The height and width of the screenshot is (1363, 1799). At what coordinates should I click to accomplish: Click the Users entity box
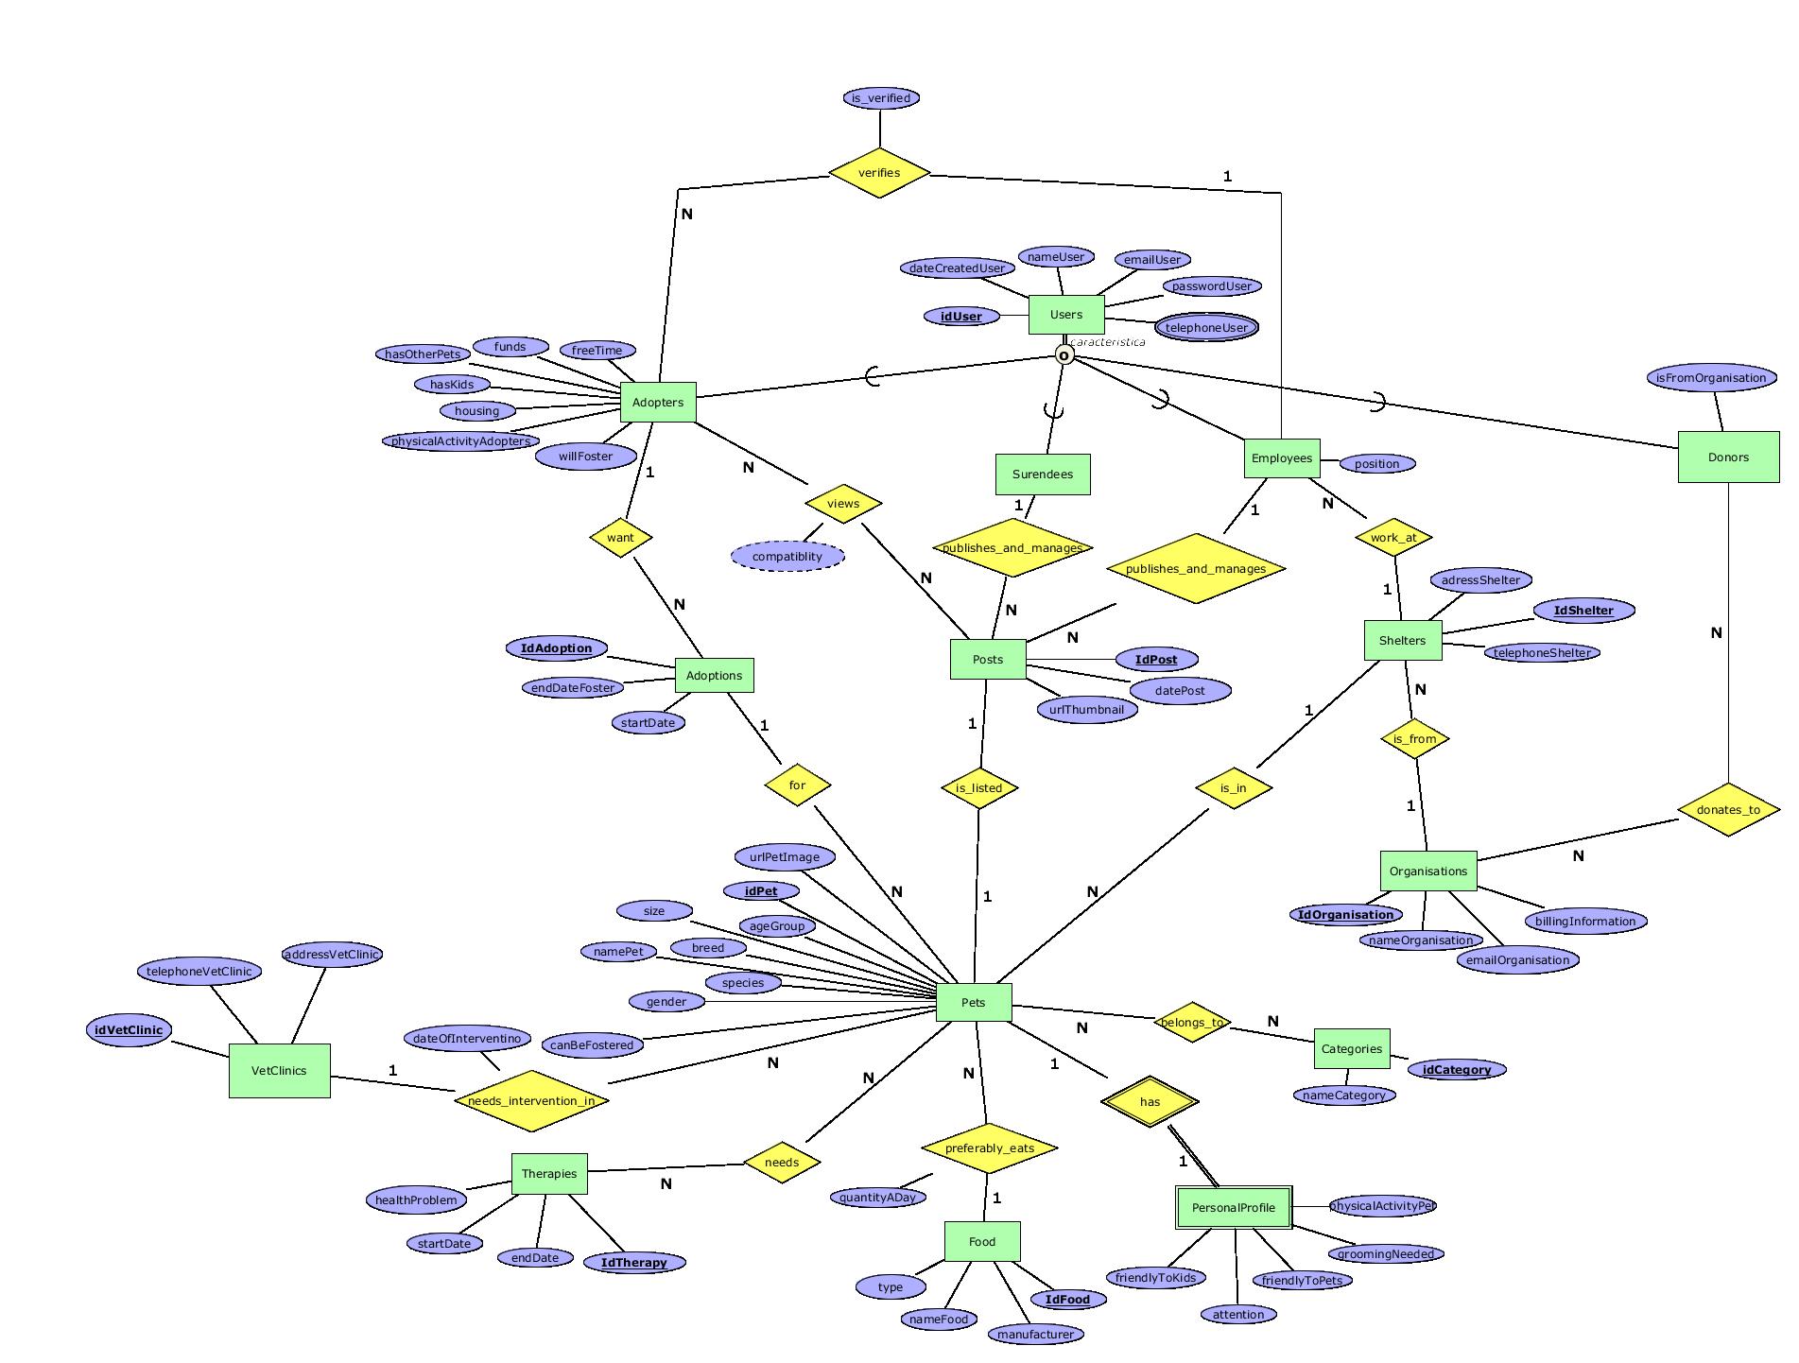click(1065, 315)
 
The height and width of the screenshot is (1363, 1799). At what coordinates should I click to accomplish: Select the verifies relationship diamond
click(879, 173)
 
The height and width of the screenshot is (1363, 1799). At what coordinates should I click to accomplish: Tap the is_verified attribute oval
click(880, 98)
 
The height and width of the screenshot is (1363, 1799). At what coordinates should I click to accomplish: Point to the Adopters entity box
click(658, 403)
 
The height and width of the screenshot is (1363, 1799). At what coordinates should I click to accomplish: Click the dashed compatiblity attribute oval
click(787, 556)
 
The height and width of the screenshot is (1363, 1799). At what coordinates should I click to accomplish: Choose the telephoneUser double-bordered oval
click(1206, 328)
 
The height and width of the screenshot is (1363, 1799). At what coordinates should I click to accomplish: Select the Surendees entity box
click(1043, 474)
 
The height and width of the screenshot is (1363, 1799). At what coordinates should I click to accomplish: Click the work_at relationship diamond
click(1393, 538)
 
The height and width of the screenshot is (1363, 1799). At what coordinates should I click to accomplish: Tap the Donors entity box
click(1728, 457)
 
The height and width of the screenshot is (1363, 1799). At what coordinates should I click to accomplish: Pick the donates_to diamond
click(1728, 809)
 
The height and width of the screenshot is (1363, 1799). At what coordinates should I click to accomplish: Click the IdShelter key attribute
click(1583, 611)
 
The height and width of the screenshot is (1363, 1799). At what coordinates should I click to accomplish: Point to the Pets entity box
click(974, 1003)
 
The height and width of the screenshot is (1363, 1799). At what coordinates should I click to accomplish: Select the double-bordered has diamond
click(1150, 1101)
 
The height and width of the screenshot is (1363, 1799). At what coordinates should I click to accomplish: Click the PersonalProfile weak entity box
click(1233, 1208)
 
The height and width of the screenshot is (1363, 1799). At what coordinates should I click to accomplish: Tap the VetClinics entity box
click(279, 1071)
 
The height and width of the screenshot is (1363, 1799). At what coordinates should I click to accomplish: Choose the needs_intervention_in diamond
click(531, 1100)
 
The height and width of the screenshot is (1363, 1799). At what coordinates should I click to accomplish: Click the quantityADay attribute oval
click(877, 1198)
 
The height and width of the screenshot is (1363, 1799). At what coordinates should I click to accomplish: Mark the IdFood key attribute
click(1067, 1300)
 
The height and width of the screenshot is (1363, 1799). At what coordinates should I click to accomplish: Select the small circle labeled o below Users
click(1064, 355)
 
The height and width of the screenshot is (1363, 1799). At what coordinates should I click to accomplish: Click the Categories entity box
click(1352, 1049)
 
